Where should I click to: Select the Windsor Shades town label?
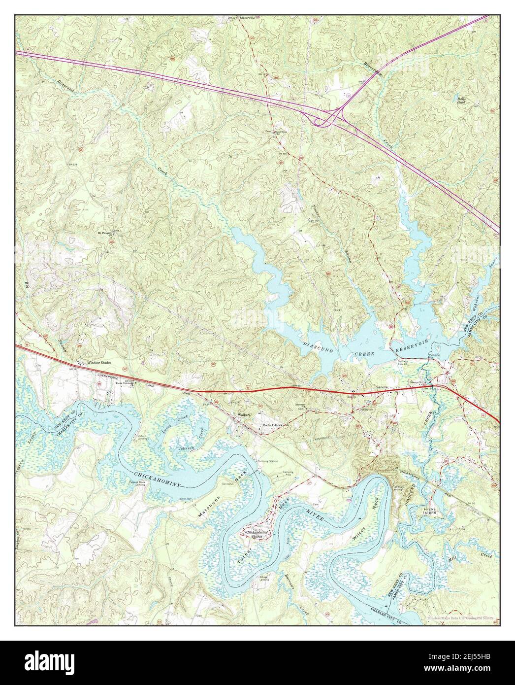[x=100, y=362]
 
